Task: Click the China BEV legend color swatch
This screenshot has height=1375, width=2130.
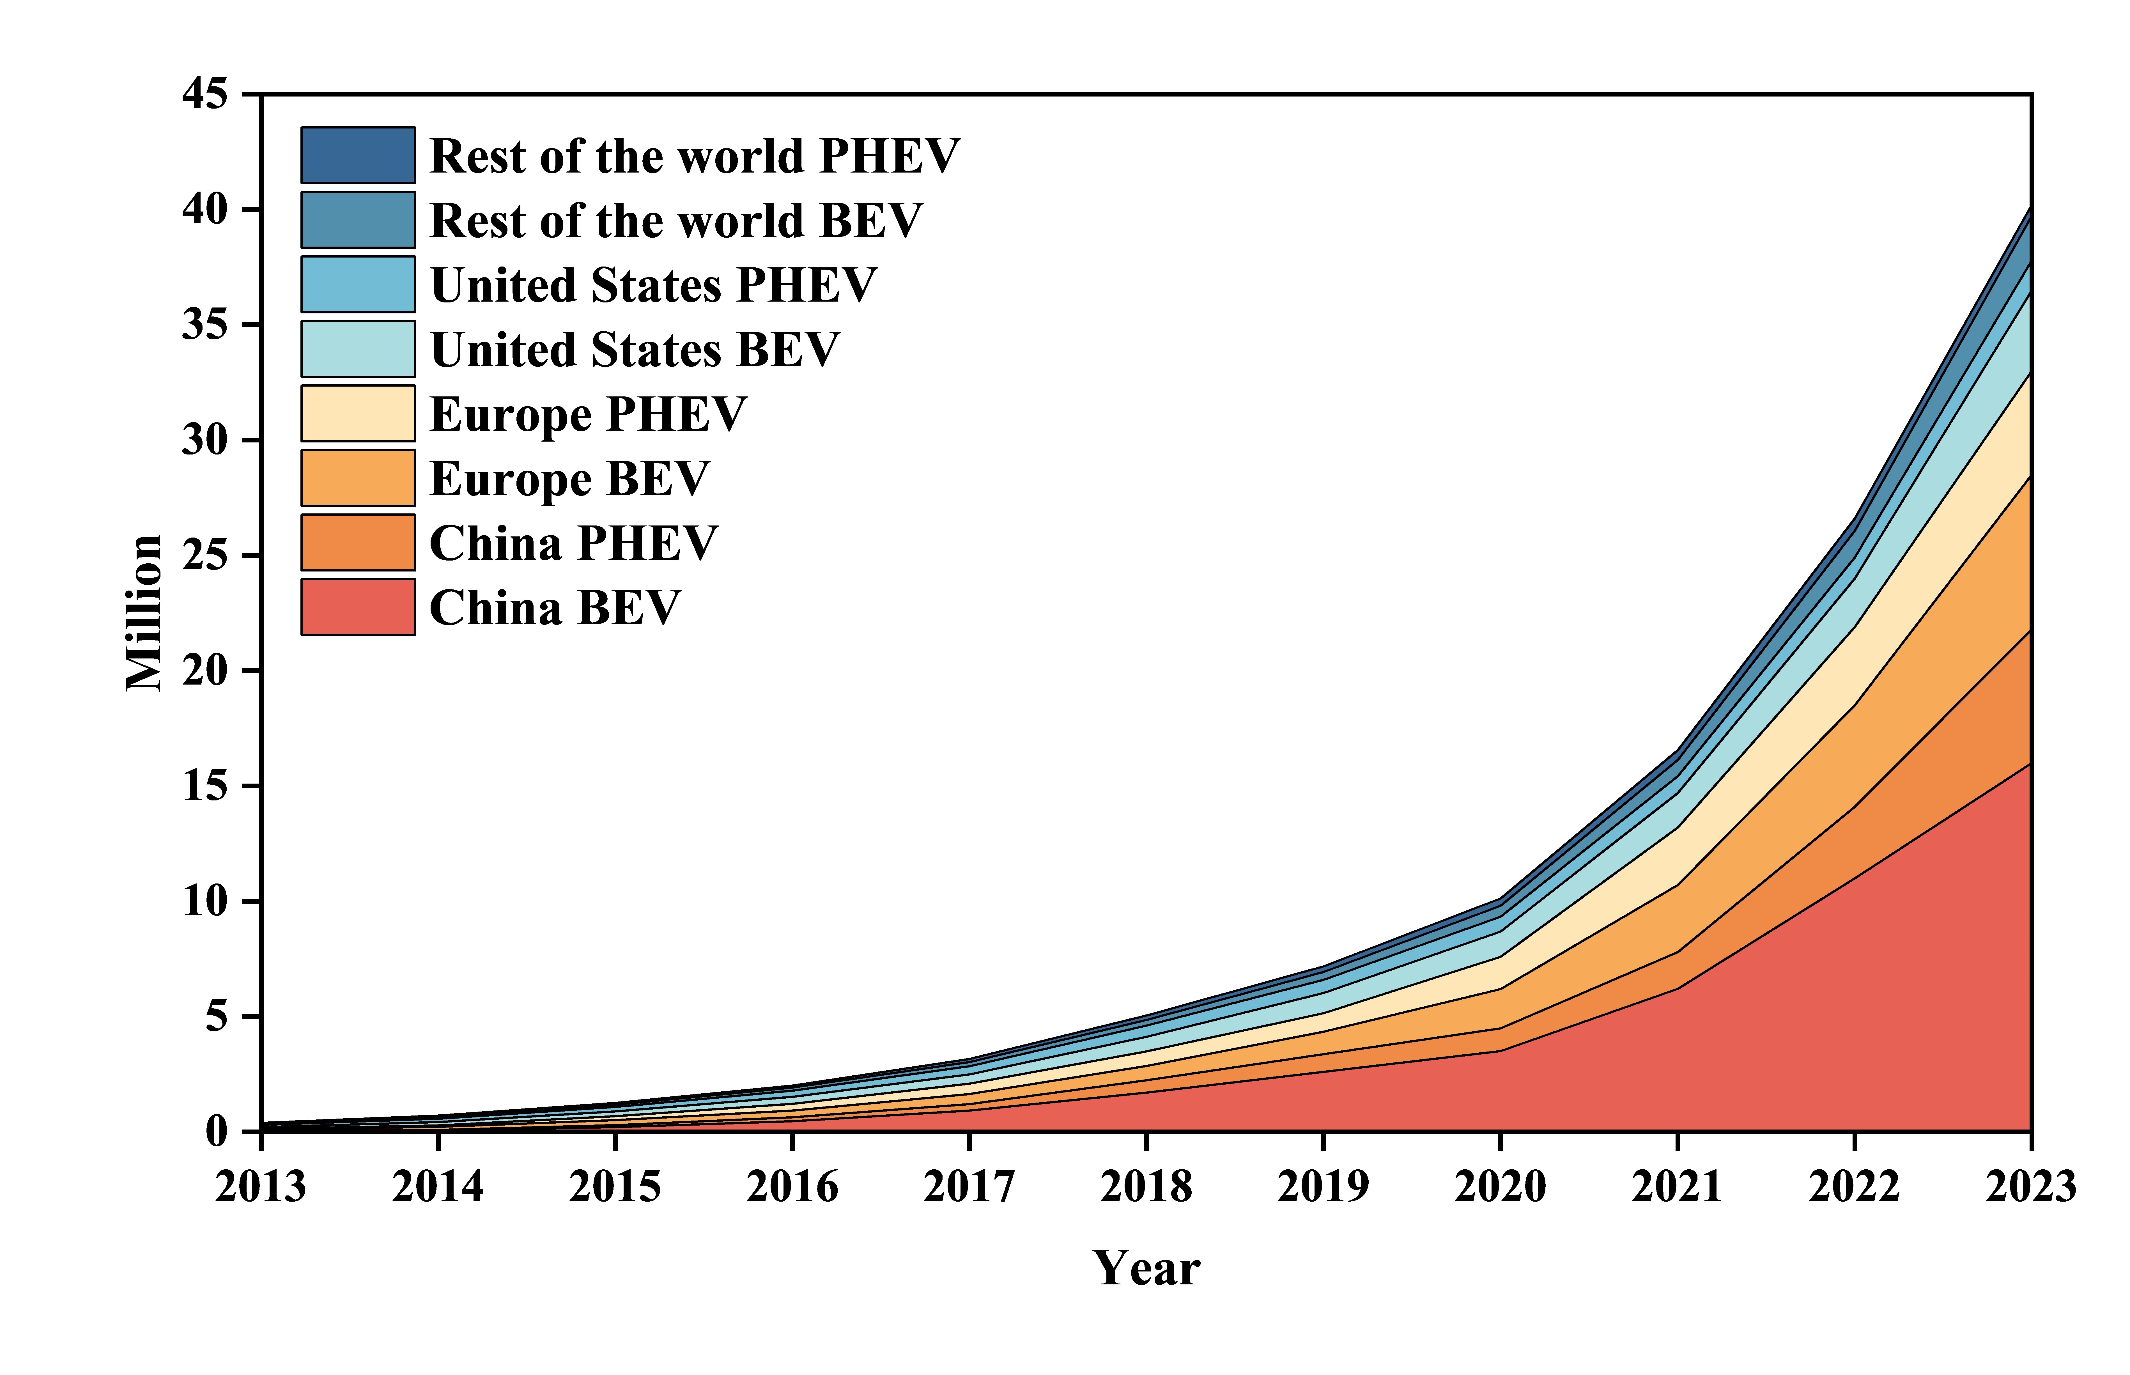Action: tap(357, 607)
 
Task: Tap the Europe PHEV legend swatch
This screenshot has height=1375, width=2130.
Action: tap(357, 413)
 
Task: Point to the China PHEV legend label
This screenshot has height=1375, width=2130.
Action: tap(573, 543)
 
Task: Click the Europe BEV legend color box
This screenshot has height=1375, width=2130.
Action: tap(357, 478)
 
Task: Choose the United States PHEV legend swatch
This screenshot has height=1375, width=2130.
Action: tap(357, 284)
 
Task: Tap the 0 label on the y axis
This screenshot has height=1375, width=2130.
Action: tap(217, 1131)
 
